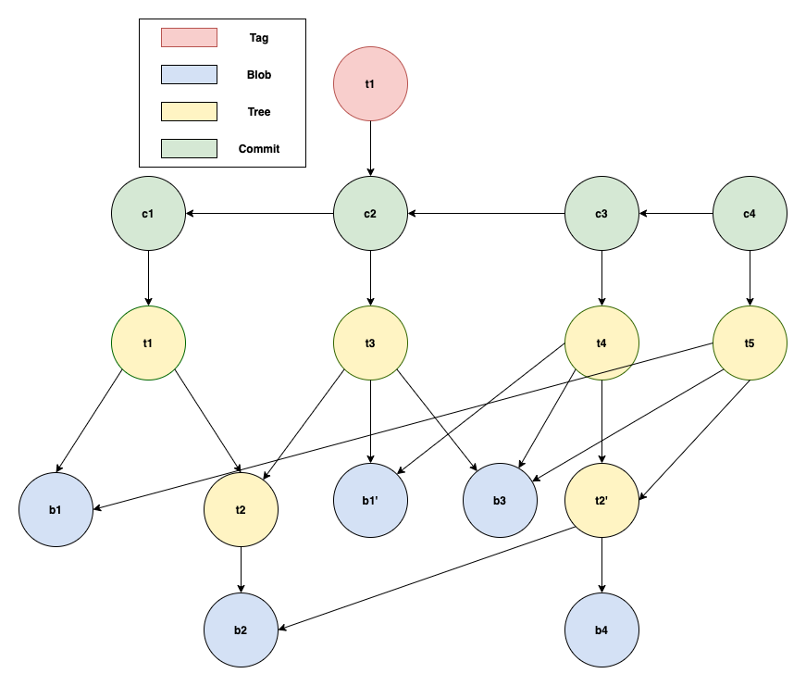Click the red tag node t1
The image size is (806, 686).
[370, 83]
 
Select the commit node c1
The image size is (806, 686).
[148, 213]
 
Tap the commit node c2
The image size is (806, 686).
[370, 213]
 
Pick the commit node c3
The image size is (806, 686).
[601, 213]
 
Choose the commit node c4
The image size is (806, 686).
[750, 213]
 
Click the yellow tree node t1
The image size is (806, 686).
[148, 343]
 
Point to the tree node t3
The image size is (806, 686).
[370, 343]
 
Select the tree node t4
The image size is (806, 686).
[601, 343]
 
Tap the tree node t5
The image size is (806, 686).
[750, 343]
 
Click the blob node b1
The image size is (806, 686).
[56, 509]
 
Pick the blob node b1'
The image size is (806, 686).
[370, 501]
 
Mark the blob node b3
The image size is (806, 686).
[500, 501]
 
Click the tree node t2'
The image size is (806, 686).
[601, 501]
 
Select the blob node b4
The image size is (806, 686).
[601, 630]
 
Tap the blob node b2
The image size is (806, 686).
[241, 630]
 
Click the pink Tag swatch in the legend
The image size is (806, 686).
[189, 38]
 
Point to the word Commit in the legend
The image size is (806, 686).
[259, 148]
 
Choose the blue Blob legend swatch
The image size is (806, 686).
[189, 75]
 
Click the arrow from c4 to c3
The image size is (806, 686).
[676, 214]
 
